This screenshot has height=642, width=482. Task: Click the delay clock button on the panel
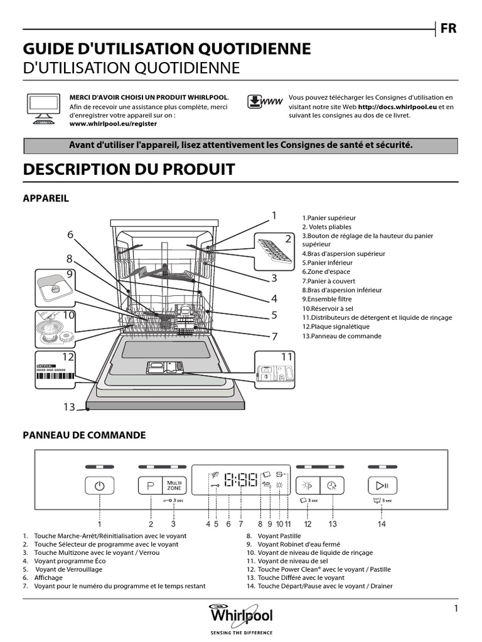click(x=332, y=486)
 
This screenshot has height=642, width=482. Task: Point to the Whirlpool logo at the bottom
click(x=241, y=618)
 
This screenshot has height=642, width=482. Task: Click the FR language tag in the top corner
click(x=448, y=29)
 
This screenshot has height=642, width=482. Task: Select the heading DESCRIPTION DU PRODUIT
click(x=129, y=169)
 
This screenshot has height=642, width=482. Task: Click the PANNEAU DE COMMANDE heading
click(x=84, y=435)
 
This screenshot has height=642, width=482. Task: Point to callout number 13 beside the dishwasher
click(x=69, y=407)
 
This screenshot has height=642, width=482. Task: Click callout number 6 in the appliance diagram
click(x=70, y=234)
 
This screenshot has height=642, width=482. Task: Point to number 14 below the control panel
click(x=382, y=524)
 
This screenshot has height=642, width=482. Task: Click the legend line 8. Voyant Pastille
click(x=274, y=537)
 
